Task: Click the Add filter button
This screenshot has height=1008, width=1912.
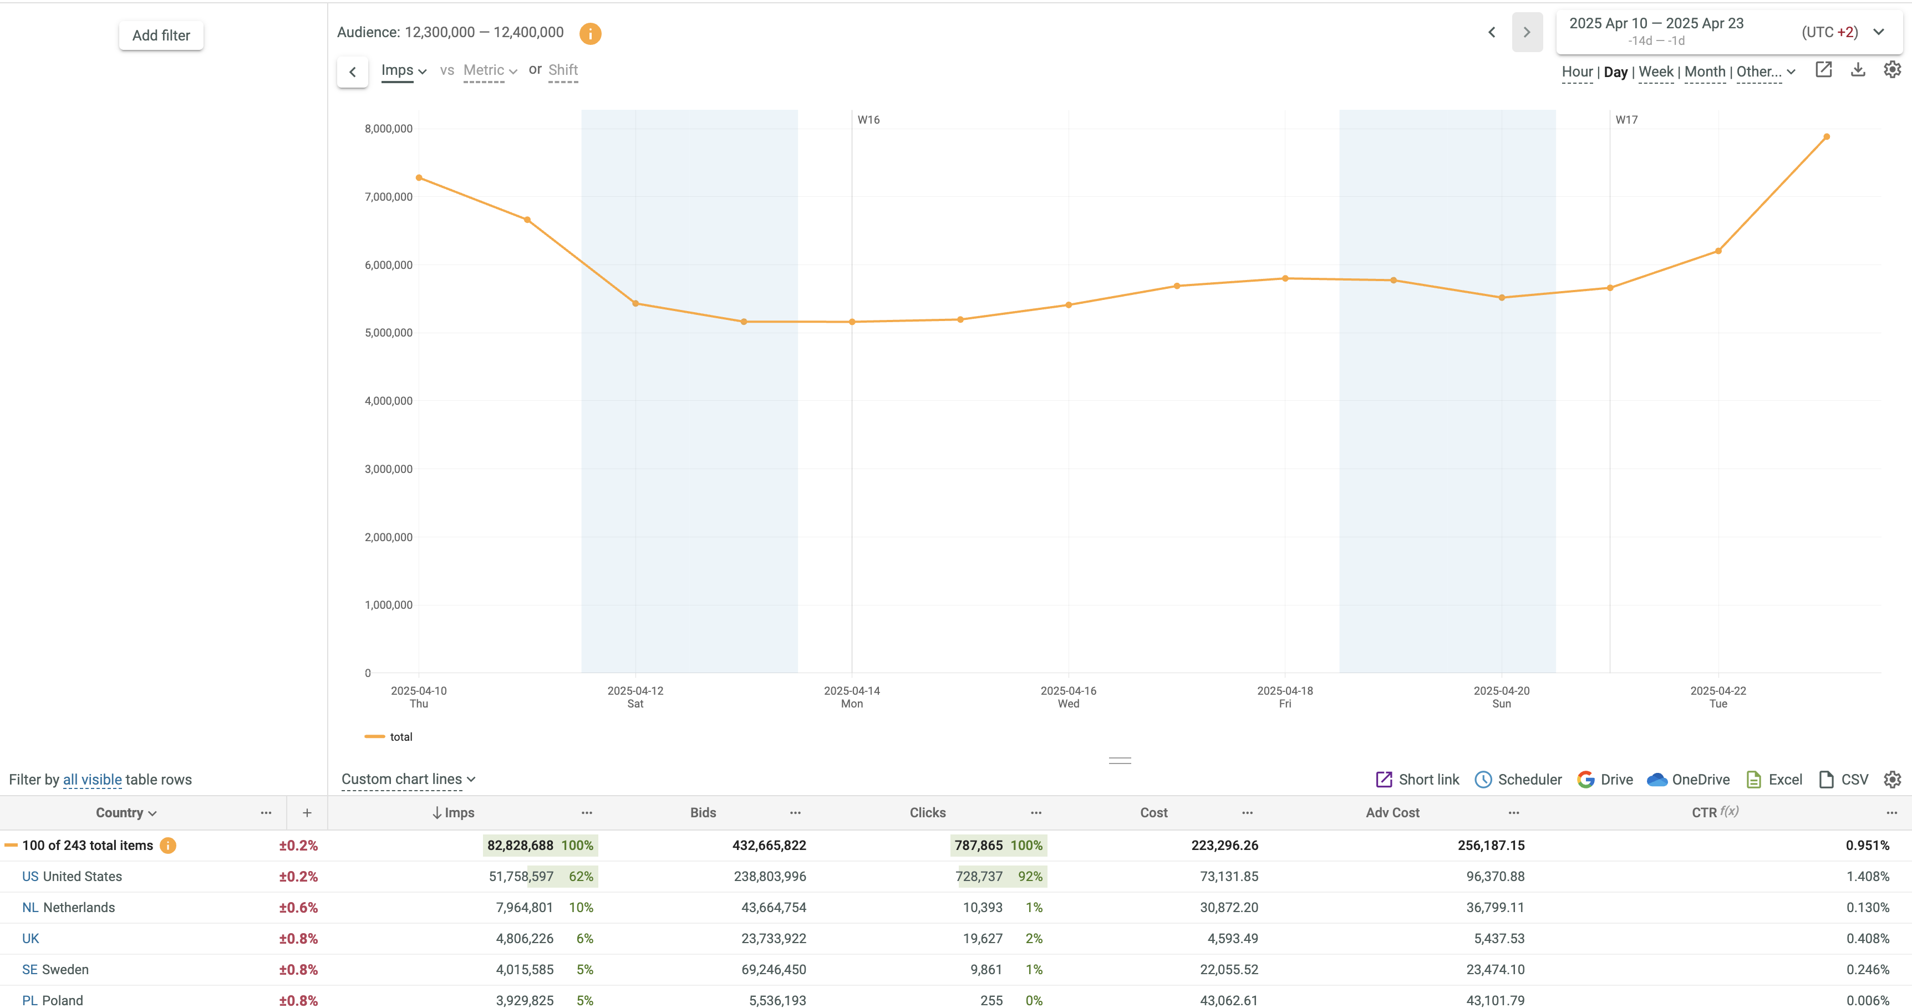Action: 161,35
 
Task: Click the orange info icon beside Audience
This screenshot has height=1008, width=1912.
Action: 590,33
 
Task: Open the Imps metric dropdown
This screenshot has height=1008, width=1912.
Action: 403,70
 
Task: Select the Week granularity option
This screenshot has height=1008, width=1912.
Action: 1655,72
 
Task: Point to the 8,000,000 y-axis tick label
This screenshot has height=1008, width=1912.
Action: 388,129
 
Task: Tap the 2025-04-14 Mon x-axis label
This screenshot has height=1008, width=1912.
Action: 851,696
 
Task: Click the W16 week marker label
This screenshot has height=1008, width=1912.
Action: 868,120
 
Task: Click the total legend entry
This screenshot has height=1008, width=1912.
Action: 400,736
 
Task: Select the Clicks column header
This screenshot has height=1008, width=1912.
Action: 927,812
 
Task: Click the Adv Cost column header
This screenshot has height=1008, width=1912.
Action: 1392,812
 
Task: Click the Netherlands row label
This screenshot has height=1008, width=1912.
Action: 79,907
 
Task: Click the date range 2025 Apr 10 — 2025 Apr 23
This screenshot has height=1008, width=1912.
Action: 1656,24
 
